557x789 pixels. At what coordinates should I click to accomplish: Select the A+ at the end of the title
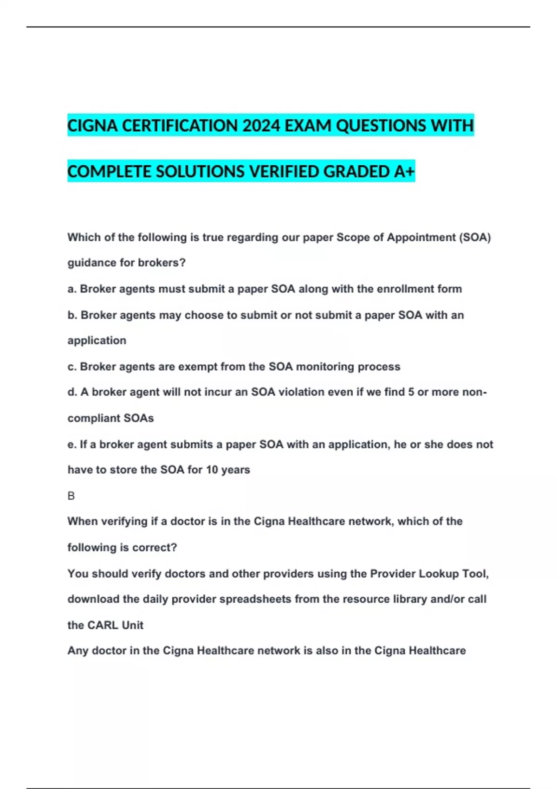pos(404,172)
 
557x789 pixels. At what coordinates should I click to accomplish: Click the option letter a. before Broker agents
pos(72,289)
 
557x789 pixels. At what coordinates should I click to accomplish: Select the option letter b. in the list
pos(72,315)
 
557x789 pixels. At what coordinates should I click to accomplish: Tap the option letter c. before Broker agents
pos(72,367)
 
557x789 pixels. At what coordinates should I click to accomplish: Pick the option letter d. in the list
pos(72,392)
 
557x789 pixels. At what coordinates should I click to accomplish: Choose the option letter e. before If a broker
pos(72,445)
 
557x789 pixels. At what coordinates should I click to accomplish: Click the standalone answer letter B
pos(71,496)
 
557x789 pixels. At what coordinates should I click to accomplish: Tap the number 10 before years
pos(212,470)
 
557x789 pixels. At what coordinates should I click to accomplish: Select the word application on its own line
pos(97,341)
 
